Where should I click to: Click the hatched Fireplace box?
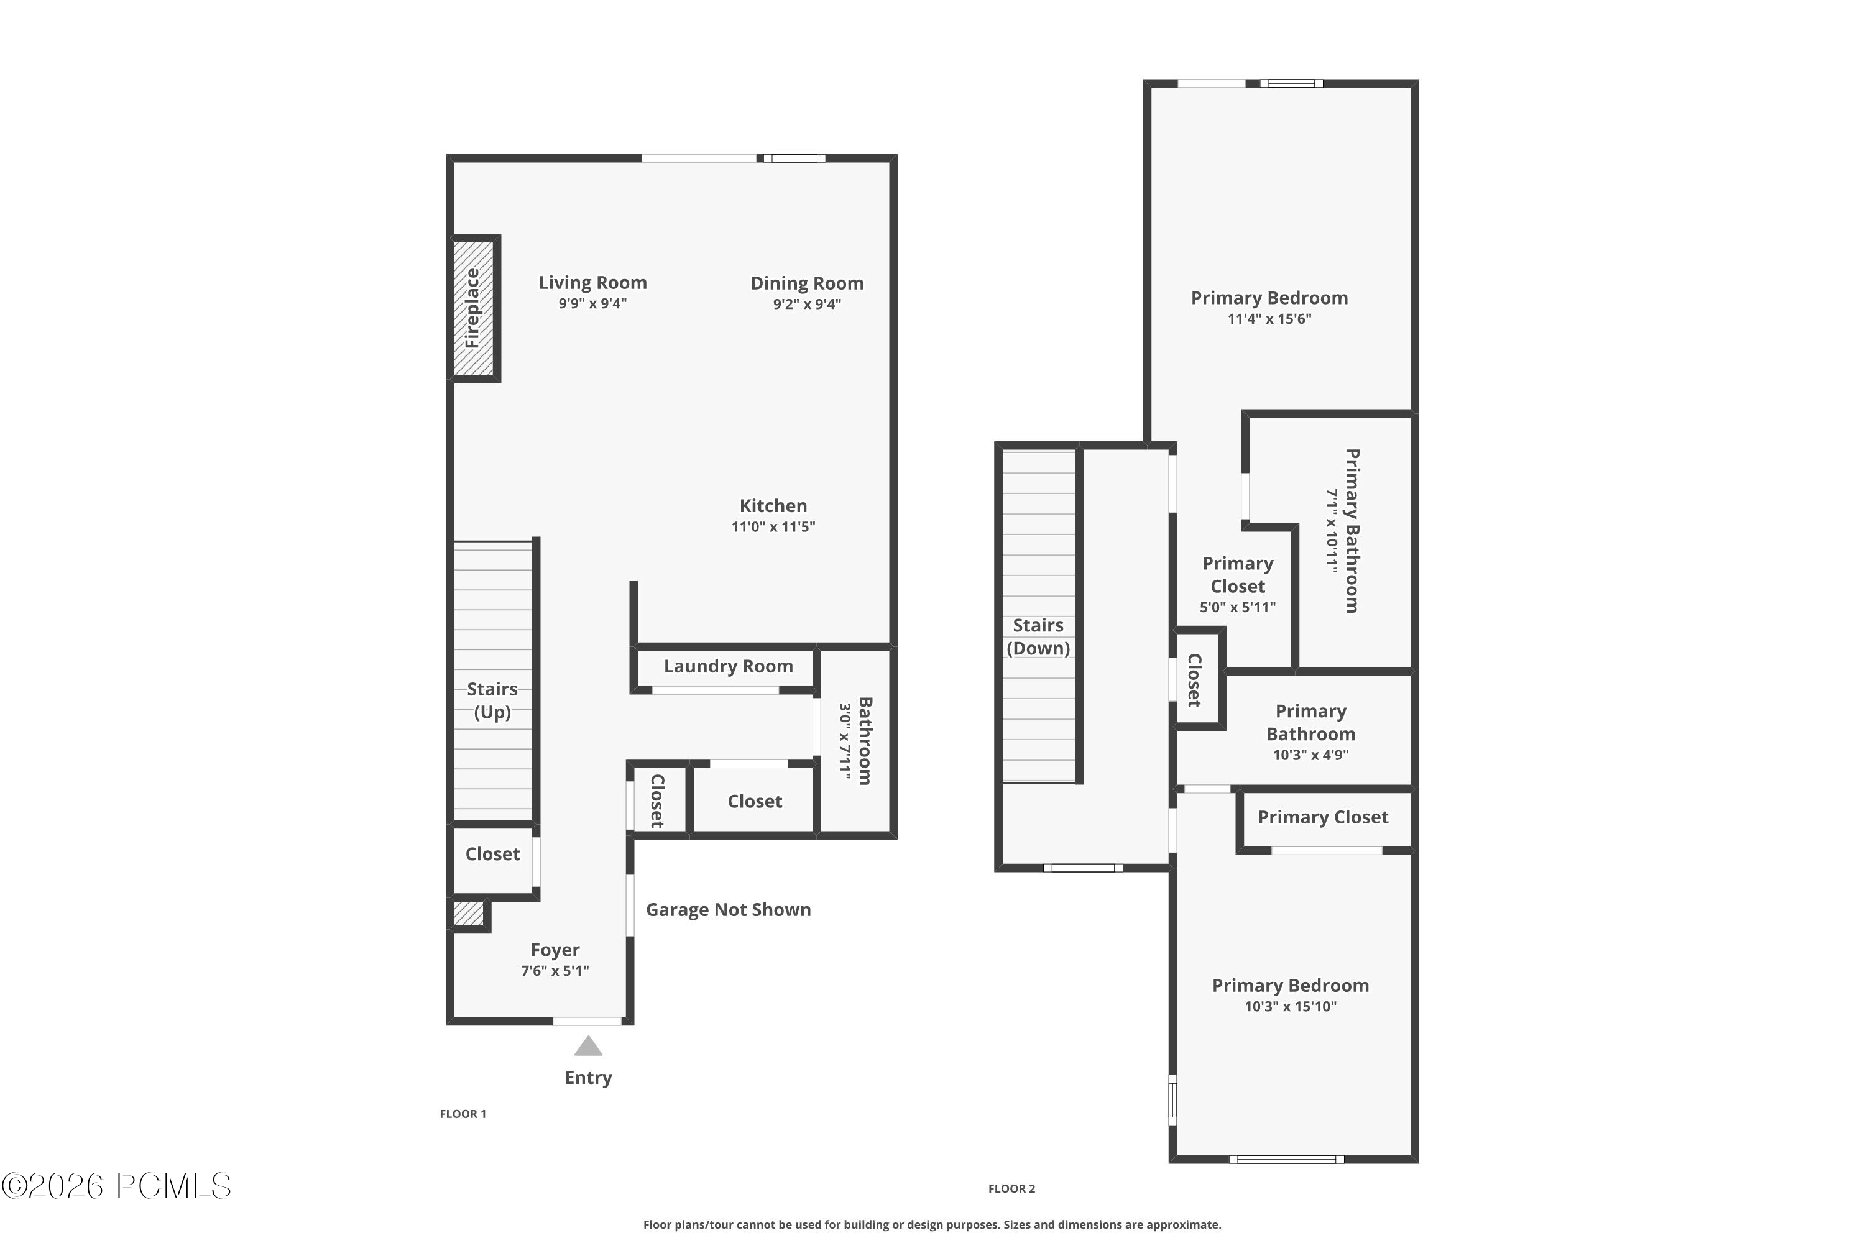coord(472,308)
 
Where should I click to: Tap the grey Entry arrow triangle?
coord(587,1048)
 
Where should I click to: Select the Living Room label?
coord(592,283)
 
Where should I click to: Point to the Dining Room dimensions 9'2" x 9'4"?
coord(806,305)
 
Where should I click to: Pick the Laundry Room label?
coord(728,667)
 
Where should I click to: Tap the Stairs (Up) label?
coord(492,700)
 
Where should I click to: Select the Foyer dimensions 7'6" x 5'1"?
coord(555,971)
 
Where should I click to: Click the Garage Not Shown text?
coord(728,910)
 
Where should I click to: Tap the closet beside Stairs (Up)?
coord(492,855)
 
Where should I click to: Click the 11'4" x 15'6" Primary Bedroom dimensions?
coord(1269,319)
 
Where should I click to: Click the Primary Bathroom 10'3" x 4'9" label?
coord(1310,733)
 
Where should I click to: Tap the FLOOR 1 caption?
coord(463,1114)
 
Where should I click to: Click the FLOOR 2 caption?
coord(1011,1188)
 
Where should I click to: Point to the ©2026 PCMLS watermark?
coord(117,1186)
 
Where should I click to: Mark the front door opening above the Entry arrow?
coord(587,1021)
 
